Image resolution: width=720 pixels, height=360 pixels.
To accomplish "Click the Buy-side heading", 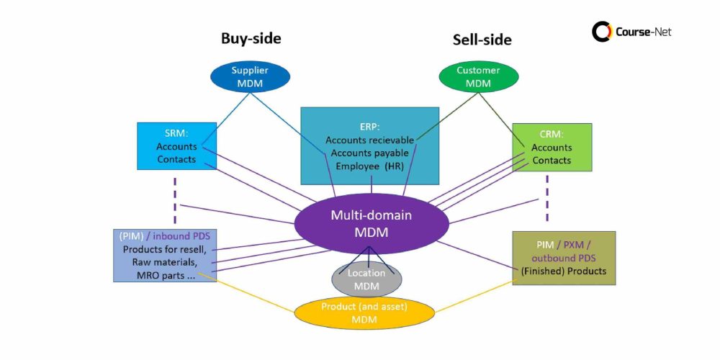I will tap(251, 39).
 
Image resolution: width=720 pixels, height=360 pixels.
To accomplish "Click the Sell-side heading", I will tap(482, 40).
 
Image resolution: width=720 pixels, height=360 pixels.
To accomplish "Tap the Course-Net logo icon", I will tap(602, 32).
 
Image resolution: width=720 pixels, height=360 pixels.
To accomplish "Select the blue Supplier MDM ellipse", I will tap(250, 76).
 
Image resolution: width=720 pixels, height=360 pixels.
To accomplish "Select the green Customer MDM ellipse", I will tap(478, 76).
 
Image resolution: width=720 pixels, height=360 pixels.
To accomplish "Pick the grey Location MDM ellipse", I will tap(366, 279).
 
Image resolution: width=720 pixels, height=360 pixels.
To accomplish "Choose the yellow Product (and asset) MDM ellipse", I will tap(364, 313).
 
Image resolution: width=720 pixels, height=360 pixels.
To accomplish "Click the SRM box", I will tap(176, 146).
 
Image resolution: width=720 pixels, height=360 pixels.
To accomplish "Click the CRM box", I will tap(552, 147).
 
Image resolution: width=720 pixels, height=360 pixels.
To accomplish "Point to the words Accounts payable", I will tap(367, 153).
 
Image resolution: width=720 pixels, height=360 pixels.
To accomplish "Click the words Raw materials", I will tap(164, 263).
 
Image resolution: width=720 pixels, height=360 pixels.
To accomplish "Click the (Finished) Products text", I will tap(564, 271).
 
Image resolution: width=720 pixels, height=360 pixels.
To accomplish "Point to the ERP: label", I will tap(369, 126).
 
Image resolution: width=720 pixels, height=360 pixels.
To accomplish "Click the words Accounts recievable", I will tap(367, 140).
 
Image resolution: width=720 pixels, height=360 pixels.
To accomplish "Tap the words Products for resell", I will tap(164, 250).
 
